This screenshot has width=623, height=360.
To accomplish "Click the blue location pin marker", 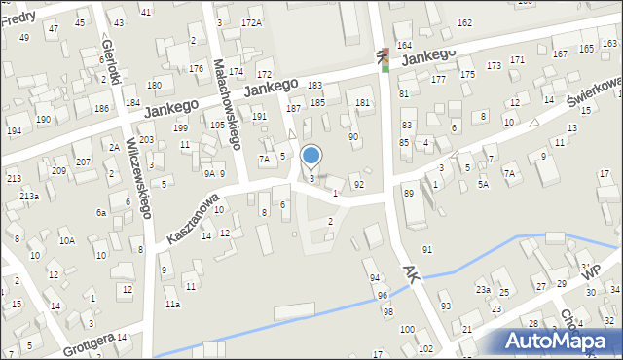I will tap(311, 156).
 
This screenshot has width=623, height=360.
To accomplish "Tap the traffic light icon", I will tap(385, 59).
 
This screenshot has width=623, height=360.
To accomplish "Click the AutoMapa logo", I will tap(557, 341).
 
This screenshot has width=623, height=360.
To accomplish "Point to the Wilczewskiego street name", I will tap(135, 190).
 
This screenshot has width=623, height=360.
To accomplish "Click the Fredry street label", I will tap(18, 17).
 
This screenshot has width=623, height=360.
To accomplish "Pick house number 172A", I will tap(251, 22).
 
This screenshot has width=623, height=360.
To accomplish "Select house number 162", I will tap(464, 22).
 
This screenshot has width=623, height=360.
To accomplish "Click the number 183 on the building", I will tap(315, 86).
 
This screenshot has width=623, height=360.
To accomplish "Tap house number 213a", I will tap(29, 196).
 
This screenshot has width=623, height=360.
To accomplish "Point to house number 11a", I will tap(172, 305).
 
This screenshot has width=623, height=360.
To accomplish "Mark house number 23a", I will tap(482, 289).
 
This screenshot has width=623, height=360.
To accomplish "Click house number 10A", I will tap(66, 240).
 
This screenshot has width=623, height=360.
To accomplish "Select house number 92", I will tap(359, 184).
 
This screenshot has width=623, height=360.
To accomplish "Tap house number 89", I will tap(409, 194).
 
